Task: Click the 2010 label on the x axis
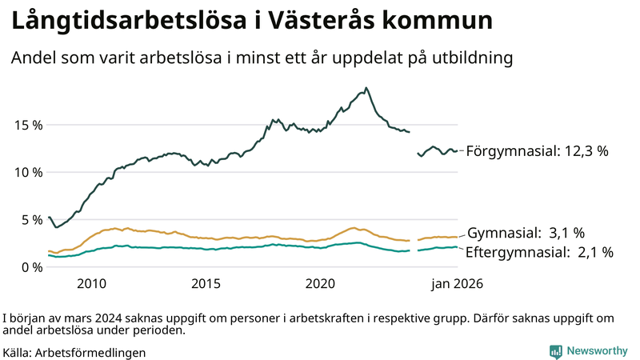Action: coord(91,284)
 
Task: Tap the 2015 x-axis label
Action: coord(206,284)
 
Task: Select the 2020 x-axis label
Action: coord(320,284)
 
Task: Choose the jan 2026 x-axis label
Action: coord(458,284)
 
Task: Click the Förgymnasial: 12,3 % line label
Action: coord(537,150)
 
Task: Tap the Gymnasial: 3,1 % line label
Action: coord(525,233)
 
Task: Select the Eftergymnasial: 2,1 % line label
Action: coord(539,252)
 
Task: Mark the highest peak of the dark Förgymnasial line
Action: coord(366,88)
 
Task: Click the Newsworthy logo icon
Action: coord(555,351)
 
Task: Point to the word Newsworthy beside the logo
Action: coord(597,351)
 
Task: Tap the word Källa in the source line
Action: coord(18,352)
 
